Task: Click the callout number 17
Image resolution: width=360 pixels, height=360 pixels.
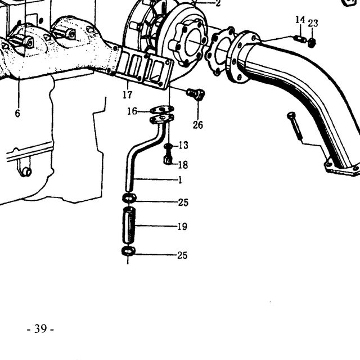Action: click(128, 94)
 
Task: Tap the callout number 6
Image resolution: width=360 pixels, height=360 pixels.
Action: click(17, 114)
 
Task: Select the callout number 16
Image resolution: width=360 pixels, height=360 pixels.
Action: click(132, 111)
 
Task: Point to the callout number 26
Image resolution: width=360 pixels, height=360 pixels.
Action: click(197, 125)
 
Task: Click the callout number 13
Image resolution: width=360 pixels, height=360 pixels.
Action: click(183, 145)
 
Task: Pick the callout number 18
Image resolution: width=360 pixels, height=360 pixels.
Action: click(183, 165)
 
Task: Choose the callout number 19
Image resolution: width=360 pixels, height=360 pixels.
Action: click(182, 227)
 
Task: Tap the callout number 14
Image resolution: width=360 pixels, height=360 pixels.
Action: click(300, 20)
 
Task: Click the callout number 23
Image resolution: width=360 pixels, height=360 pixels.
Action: click(313, 23)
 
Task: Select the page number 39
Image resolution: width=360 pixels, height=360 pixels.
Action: click(40, 328)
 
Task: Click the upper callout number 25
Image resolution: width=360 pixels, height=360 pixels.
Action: click(183, 202)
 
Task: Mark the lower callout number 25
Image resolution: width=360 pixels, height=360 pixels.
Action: click(182, 255)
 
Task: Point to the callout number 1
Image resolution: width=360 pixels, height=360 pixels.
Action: click(180, 180)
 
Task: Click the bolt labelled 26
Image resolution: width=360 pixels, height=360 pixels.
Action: click(196, 94)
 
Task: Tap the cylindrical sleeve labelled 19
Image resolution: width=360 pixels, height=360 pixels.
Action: click(129, 226)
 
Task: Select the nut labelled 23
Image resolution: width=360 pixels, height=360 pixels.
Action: click(312, 43)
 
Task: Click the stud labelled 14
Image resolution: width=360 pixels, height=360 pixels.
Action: click(300, 39)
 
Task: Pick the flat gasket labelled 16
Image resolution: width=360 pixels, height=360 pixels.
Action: click(162, 110)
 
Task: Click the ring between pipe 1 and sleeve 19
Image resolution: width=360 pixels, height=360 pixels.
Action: click(129, 197)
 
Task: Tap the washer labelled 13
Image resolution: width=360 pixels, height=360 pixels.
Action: click(168, 146)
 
